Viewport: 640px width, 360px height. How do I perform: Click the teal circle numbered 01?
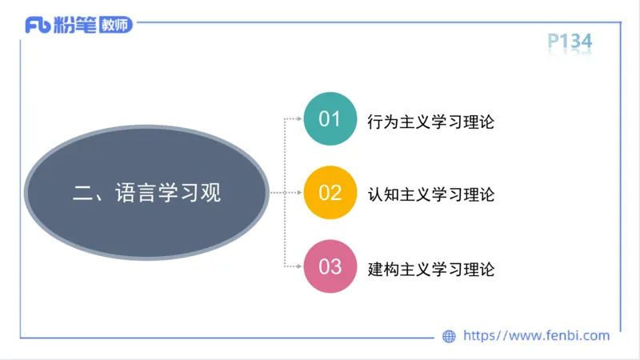pyautogui.click(x=330, y=120)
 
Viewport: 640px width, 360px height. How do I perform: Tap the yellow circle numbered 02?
pyautogui.click(x=330, y=193)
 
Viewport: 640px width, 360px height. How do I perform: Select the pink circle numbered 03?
pyautogui.click(x=330, y=266)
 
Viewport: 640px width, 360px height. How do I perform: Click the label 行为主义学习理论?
pyautogui.click(x=430, y=122)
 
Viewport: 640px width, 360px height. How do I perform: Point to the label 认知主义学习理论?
pyautogui.click(x=430, y=194)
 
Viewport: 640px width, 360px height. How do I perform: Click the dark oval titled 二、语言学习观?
pyautogui.click(x=146, y=193)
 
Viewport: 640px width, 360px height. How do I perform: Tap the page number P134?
pyautogui.click(x=570, y=40)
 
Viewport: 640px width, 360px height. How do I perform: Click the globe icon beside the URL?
pyautogui.click(x=449, y=337)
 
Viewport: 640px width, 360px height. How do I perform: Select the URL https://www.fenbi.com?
pyautogui.click(x=537, y=336)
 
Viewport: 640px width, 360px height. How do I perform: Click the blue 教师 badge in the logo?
pyautogui.click(x=115, y=25)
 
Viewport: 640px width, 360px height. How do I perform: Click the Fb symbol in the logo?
pyautogui.click(x=38, y=26)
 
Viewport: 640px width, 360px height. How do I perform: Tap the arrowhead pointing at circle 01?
pyautogui.click(x=299, y=120)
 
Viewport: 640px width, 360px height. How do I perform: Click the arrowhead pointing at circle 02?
pyautogui.click(x=299, y=193)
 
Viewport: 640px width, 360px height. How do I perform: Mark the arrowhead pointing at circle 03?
pyautogui.click(x=299, y=266)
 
